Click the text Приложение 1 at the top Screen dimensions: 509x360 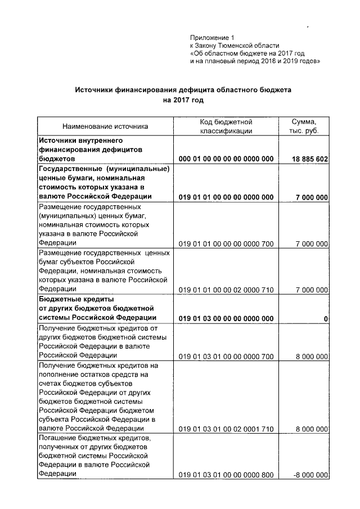(211, 37)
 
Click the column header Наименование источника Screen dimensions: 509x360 (105, 127)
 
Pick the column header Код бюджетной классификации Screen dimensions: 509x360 (226, 126)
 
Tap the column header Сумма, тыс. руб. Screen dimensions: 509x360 (304, 126)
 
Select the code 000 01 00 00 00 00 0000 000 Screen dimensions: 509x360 (226, 159)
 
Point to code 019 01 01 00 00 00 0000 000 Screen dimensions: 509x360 (226, 197)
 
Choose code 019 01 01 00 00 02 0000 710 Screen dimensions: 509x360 (226, 290)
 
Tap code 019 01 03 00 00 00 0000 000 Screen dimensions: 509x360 (226, 318)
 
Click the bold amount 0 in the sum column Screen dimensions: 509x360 (326, 319)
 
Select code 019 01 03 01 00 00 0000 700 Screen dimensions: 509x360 (226, 356)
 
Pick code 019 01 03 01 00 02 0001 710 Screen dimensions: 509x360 (226, 429)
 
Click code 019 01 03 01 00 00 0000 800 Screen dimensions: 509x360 (226, 475)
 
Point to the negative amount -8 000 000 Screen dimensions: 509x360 (311, 475)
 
